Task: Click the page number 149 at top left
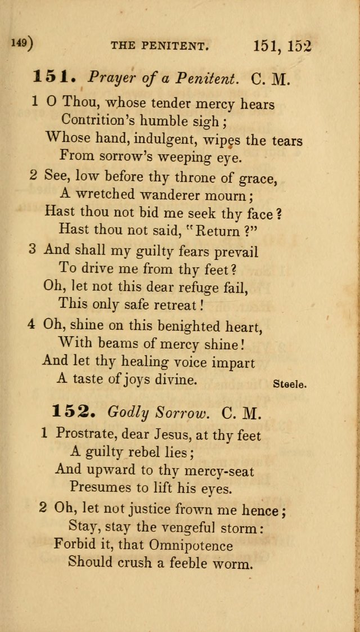point(20,43)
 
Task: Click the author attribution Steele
point(289,384)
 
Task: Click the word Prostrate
point(82,434)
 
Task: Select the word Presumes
point(98,487)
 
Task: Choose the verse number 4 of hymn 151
point(33,325)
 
